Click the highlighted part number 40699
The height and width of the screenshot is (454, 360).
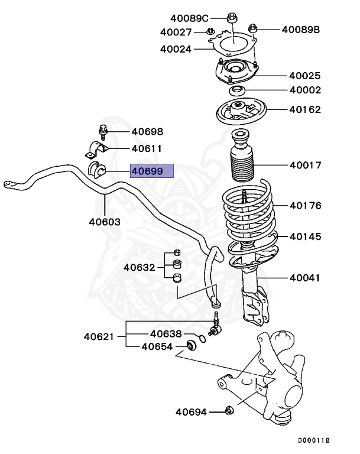(x=151, y=171)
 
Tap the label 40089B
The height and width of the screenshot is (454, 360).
(x=300, y=28)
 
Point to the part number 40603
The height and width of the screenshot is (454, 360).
(x=105, y=222)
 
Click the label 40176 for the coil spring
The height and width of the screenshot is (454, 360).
(x=306, y=206)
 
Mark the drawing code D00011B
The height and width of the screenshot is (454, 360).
(x=313, y=441)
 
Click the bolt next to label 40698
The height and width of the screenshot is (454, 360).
(x=102, y=131)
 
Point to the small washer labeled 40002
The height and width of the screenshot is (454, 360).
(x=238, y=90)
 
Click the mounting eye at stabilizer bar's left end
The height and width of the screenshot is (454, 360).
(x=9, y=185)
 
